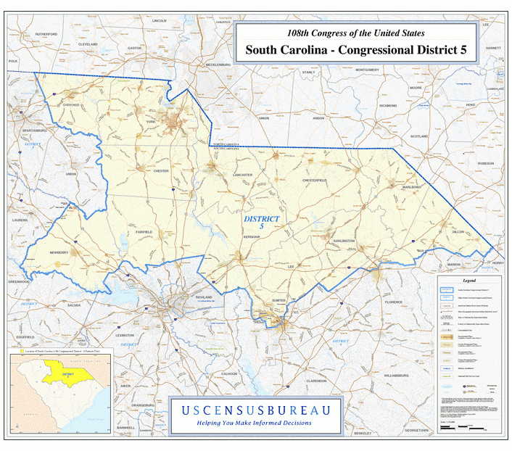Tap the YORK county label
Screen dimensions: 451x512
tap(151, 122)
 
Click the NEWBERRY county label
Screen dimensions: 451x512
tap(59, 252)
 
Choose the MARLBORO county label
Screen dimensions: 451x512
tap(411, 187)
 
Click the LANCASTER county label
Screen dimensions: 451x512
tap(242, 175)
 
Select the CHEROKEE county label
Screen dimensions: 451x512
tap(71, 105)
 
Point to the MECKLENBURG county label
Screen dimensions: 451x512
tap(218, 65)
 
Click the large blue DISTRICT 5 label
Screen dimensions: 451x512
tap(261, 222)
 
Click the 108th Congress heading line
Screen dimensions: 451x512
tap(355, 33)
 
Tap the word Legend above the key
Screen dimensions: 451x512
tap(469, 280)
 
